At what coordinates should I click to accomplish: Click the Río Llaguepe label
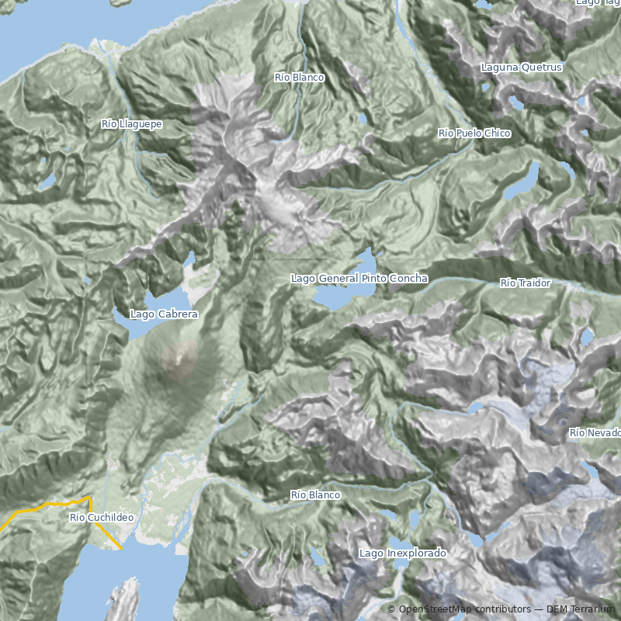click(131, 124)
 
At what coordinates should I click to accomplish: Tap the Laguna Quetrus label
click(521, 68)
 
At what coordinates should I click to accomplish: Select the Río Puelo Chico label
click(474, 134)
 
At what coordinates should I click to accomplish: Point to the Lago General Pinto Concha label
click(359, 278)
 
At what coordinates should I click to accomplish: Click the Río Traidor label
click(526, 283)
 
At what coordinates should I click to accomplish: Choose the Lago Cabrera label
click(164, 314)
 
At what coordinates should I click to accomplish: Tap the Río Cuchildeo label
click(101, 518)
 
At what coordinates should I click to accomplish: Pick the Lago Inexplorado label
click(403, 553)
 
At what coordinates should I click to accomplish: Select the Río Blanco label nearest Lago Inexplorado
click(315, 495)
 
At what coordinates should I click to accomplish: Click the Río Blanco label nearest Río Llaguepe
click(299, 78)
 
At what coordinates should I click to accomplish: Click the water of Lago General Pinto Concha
click(342, 295)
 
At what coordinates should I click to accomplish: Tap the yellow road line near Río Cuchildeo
click(47, 507)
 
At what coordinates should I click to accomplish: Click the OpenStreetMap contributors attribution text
click(458, 609)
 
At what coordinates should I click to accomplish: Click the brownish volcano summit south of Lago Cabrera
click(181, 358)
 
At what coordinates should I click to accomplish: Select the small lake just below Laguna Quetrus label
click(515, 101)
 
